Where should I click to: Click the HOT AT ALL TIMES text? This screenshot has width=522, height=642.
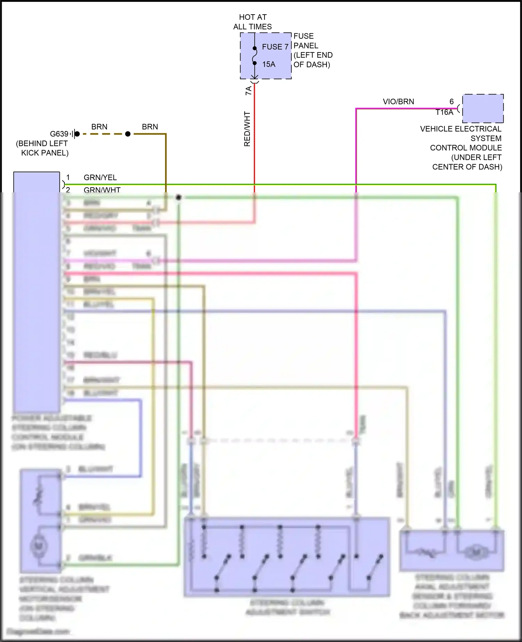tap(253, 22)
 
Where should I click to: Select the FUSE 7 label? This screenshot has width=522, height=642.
tap(275, 47)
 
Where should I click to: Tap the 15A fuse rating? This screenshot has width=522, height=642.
tap(269, 64)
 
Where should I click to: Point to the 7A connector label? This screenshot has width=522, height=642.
tap(248, 91)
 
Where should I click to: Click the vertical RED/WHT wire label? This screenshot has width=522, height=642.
tap(247, 129)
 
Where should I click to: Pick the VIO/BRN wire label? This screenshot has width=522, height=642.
tap(398, 102)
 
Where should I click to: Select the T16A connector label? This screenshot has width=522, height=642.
tap(444, 112)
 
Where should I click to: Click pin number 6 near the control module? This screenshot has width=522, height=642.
tap(452, 102)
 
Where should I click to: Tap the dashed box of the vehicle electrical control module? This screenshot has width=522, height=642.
tap(483, 109)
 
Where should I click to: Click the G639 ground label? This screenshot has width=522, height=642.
tap(59, 134)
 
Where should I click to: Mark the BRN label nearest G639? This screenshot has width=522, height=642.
tap(99, 127)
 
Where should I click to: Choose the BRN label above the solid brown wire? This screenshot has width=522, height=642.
tap(150, 127)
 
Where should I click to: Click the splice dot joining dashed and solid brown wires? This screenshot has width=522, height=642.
tap(128, 134)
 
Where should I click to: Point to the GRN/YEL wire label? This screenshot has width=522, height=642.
tap(100, 178)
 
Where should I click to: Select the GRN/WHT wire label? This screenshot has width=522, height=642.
tap(102, 190)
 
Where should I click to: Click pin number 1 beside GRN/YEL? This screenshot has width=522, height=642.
tap(68, 177)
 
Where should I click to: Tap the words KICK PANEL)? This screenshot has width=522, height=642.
tap(45, 153)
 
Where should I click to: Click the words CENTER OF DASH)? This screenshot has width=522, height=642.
tap(467, 167)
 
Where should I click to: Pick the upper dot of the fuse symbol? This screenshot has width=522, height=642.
tap(255, 48)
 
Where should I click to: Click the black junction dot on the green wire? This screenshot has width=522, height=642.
tap(179, 197)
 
